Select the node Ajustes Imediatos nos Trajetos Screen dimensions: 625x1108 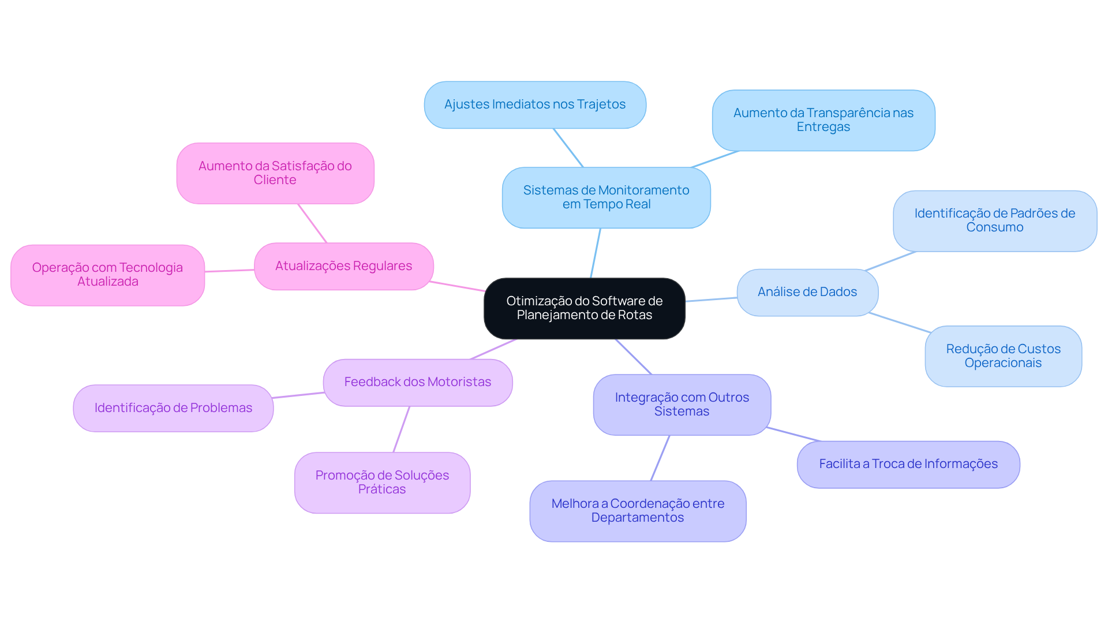(x=534, y=104)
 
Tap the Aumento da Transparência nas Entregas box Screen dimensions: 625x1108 (x=823, y=120)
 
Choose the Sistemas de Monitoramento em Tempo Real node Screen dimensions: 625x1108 (x=606, y=197)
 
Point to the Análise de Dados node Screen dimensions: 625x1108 (x=807, y=292)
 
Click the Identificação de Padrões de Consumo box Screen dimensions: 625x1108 (x=994, y=220)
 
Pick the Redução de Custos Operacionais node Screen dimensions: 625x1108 (x=1003, y=356)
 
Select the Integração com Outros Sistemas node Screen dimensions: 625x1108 (x=682, y=405)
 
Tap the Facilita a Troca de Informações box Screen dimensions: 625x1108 (x=908, y=464)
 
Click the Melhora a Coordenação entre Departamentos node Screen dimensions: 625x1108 (x=638, y=511)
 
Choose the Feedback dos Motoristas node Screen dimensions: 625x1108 (x=417, y=382)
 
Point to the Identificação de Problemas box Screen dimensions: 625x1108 (x=173, y=408)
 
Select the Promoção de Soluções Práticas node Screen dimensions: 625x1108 (x=382, y=482)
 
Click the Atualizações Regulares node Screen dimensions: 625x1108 (x=343, y=266)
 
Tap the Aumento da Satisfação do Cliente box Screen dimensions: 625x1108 (x=275, y=173)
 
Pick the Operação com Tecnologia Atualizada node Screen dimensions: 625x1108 (x=107, y=275)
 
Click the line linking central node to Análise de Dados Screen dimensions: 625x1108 (x=711, y=300)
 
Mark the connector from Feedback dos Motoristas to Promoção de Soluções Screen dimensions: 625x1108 (x=402, y=429)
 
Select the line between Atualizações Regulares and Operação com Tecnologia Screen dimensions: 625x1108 (x=230, y=271)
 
